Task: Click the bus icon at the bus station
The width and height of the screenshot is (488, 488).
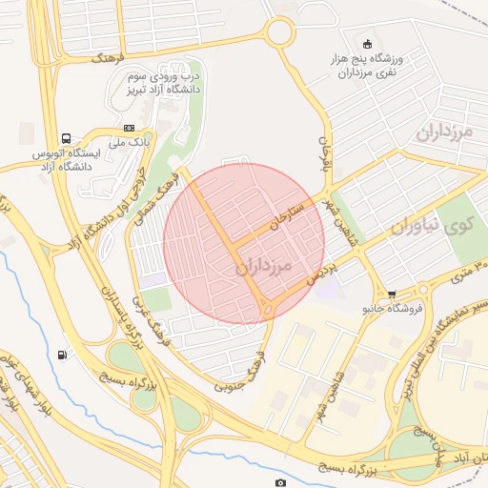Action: (x=66, y=138)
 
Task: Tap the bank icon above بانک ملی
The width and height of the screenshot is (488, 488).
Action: (x=130, y=129)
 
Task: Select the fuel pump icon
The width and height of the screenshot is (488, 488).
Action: (x=63, y=356)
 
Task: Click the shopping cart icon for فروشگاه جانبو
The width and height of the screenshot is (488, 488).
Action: (x=393, y=295)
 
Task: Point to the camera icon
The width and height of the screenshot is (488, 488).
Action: (x=280, y=483)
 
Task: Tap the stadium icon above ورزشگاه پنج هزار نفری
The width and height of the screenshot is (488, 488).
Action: (x=369, y=42)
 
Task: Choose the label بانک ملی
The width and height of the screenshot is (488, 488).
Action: (x=131, y=143)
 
